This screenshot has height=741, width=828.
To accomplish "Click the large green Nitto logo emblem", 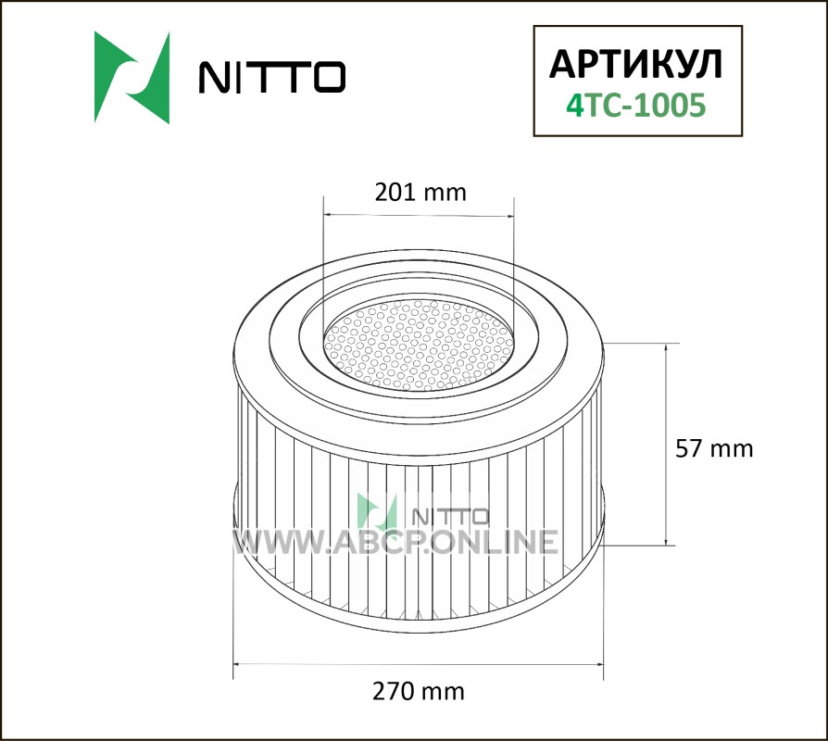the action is click(132, 78).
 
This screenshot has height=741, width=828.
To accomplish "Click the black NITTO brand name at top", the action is click(272, 77).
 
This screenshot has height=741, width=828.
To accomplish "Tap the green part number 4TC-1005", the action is click(635, 105).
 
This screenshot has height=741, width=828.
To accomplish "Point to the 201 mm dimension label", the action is click(420, 193).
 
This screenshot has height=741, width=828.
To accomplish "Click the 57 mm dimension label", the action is click(714, 448).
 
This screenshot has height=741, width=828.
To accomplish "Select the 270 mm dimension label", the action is click(419, 691).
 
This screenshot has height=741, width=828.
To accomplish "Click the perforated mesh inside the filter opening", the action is click(419, 345).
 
